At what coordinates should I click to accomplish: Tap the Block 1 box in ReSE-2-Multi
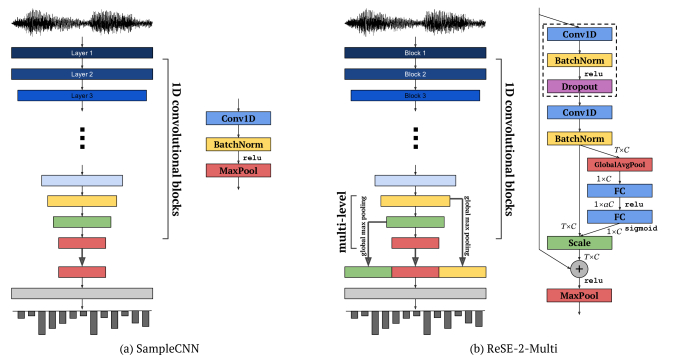click(x=415, y=52)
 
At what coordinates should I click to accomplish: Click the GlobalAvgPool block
click(x=618, y=164)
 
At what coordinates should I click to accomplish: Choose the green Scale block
click(x=578, y=242)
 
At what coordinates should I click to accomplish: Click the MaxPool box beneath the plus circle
click(x=578, y=296)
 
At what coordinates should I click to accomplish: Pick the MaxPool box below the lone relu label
click(x=238, y=171)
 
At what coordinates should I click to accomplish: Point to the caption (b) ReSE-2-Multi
click(x=415, y=347)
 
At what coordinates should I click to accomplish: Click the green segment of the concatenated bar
click(x=367, y=271)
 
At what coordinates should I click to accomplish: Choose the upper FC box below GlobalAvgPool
click(x=618, y=190)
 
